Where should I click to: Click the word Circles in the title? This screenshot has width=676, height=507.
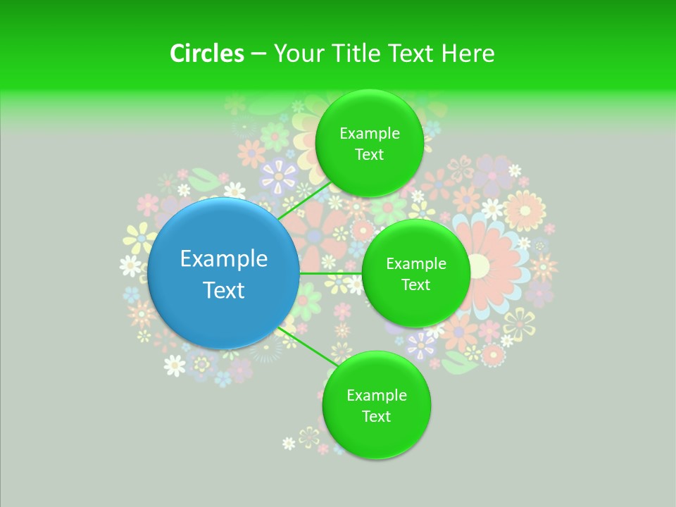point(206,54)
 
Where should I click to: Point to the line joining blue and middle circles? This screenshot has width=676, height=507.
point(331,273)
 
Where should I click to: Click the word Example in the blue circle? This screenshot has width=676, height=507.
point(224,259)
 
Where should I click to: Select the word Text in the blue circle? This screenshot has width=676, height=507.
point(224,290)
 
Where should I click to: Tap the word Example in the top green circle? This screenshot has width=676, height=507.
point(369,134)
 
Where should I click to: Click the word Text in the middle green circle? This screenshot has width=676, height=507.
point(416,284)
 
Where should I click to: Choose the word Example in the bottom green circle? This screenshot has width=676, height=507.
point(376,396)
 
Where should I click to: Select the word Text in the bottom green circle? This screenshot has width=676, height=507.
point(376,416)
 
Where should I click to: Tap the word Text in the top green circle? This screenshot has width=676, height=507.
point(369,154)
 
